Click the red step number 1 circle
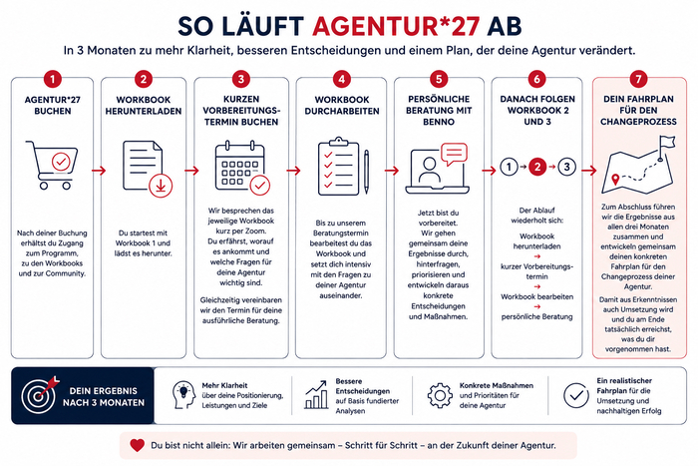[52, 79]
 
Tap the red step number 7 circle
[638, 79]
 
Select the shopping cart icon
[52, 165]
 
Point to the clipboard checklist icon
[343, 167]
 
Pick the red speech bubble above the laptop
[454, 154]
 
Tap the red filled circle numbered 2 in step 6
[537, 167]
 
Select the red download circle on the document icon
[161, 186]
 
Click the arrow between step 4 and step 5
[392, 171]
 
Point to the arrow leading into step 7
[588, 171]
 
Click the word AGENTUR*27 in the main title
[396, 26]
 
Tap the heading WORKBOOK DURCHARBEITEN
[342, 105]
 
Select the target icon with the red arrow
[40, 393]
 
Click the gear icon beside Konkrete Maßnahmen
[440, 395]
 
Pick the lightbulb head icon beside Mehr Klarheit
[183, 395]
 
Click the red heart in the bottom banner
[138, 445]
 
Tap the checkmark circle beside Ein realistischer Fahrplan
[576, 395]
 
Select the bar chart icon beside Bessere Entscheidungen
[316, 395]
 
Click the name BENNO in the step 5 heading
[439, 122]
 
